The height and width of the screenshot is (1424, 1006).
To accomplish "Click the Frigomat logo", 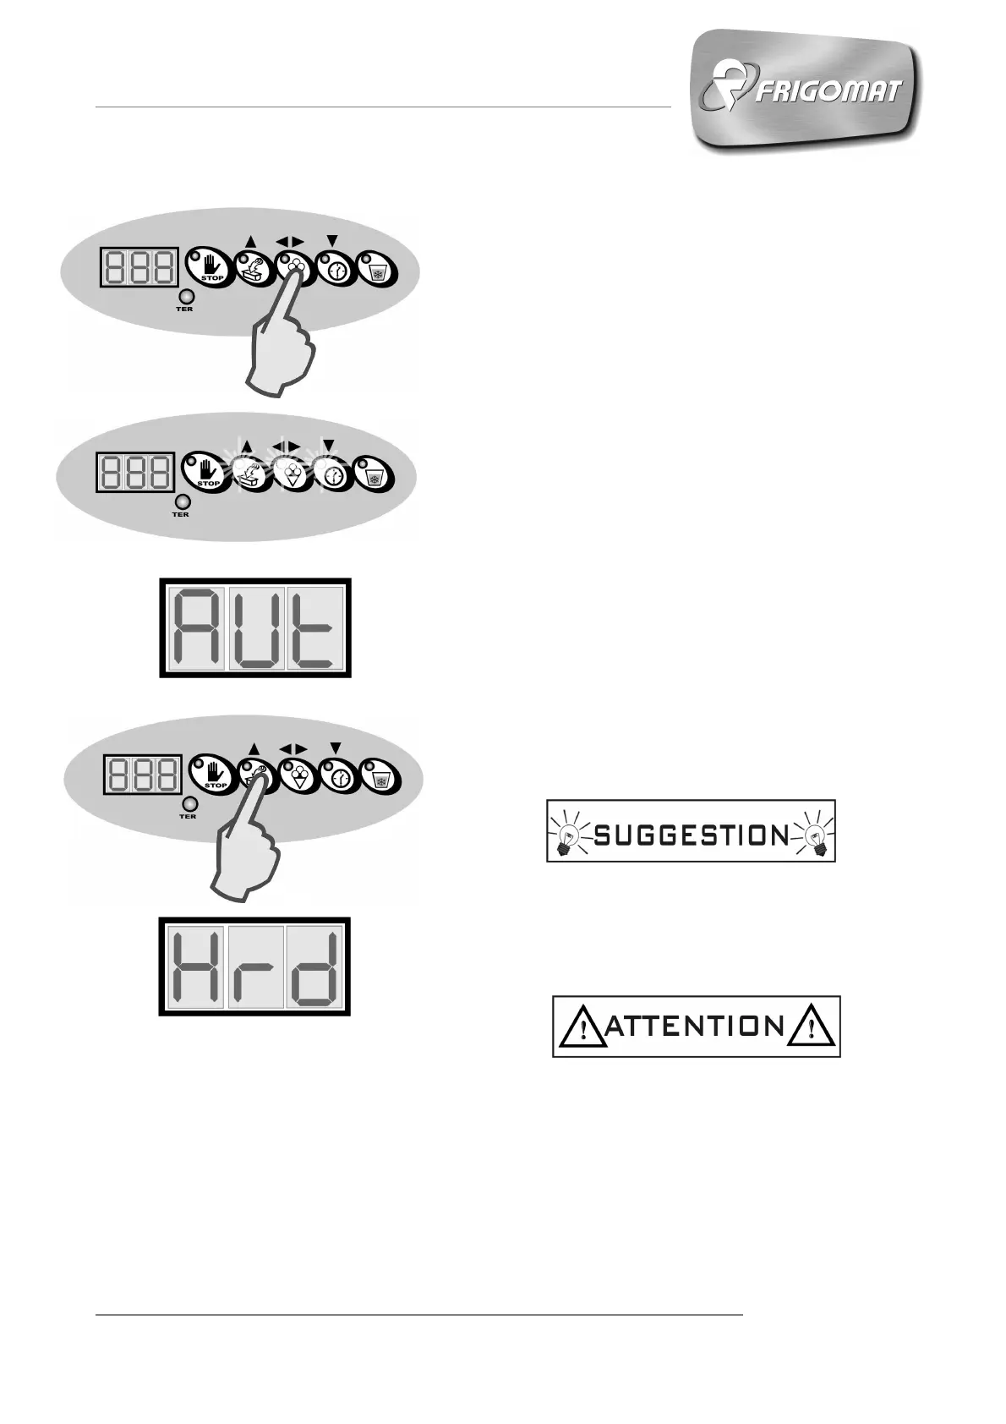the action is click(x=806, y=90).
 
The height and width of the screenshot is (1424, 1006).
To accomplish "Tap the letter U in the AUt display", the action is click(x=257, y=628).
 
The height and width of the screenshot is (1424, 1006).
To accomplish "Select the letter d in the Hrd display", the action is click(x=314, y=967).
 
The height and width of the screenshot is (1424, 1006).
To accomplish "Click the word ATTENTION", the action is click(x=696, y=1027).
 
